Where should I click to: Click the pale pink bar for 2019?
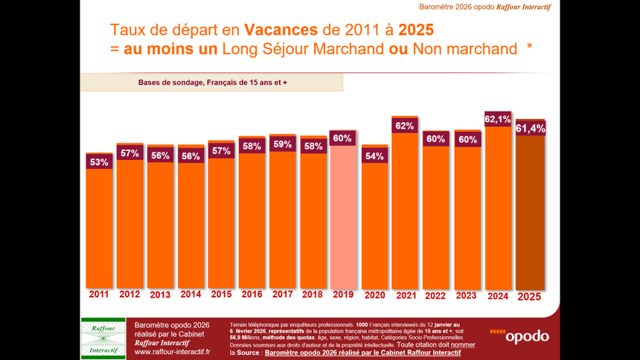[x=343, y=216]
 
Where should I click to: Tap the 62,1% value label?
[x=497, y=119]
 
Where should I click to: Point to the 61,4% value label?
[x=530, y=129]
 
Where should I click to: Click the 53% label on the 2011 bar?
[x=99, y=161]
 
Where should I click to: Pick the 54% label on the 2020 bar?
[x=374, y=156]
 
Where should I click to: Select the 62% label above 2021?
[x=405, y=126]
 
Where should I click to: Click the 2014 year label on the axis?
[x=191, y=295]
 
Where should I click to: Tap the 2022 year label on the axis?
[x=435, y=295]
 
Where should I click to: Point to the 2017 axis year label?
[x=282, y=295]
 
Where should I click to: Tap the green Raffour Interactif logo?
[x=103, y=338]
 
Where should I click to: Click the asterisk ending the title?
[x=529, y=48]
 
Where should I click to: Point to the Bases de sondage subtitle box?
[x=211, y=82]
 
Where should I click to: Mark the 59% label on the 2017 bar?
[x=282, y=144]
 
